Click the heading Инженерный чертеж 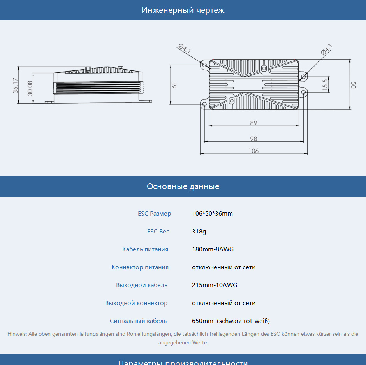(x=183, y=10)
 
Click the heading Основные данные (x=183, y=186)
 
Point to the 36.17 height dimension (x=15, y=86)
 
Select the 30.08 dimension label (x=30, y=88)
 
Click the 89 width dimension (x=253, y=123)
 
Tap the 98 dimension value (x=253, y=139)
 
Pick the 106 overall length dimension (x=253, y=151)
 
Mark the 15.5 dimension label (x=325, y=85)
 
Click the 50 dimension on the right (x=354, y=85)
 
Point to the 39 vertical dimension (x=174, y=85)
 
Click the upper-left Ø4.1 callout (x=185, y=49)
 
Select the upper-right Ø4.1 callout (x=326, y=49)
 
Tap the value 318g (x=199, y=232)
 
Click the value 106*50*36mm (x=212, y=213)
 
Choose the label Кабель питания (x=145, y=249)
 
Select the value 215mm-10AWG (x=214, y=285)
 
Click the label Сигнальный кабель (x=138, y=321)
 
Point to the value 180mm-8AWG (x=213, y=249)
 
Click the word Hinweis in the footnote (x=17, y=334)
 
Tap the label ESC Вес (x=158, y=232)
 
